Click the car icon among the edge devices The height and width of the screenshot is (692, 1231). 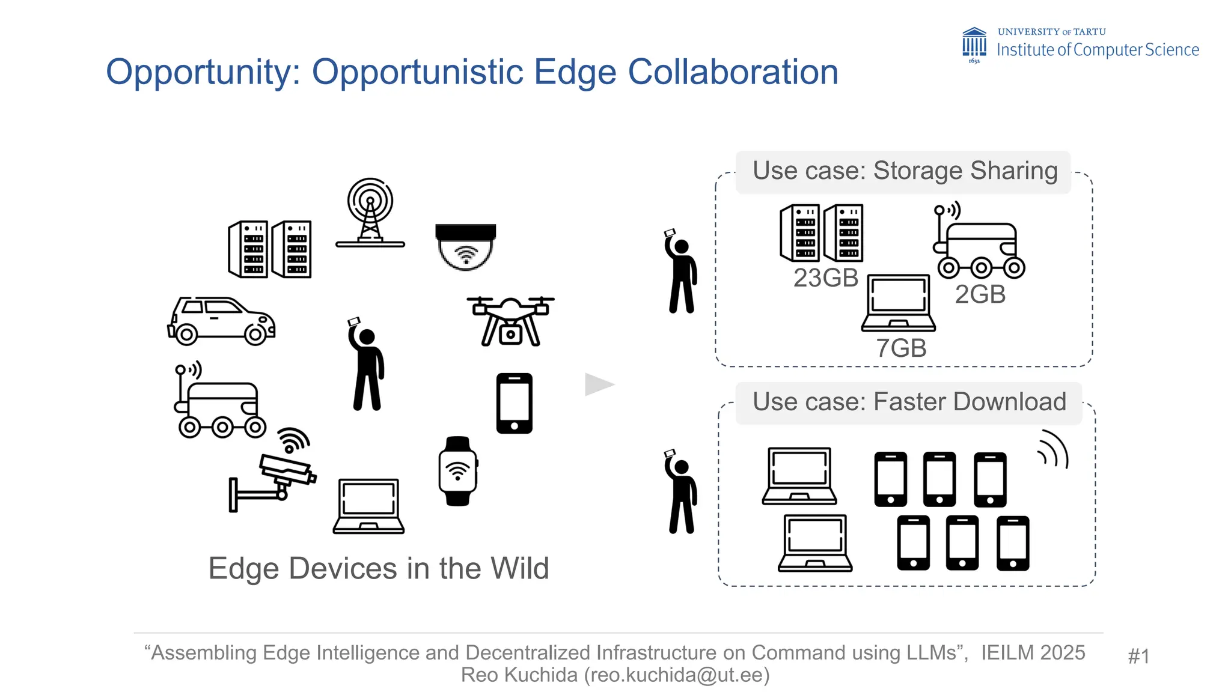pyautogui.click(x=221, y=321)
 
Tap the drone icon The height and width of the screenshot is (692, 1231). pyautogui.click(x=510, y=321)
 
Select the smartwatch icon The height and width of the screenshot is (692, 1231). pyautogui.click(x=458, y=471)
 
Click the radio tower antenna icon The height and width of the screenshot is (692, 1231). pyautogui.click(x=370, y=213)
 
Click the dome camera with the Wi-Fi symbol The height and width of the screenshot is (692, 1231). pyautogui.click(x=466, y=247)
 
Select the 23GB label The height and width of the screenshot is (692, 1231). pyautogui.click(x=825, y=278)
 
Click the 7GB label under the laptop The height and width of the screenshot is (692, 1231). pyautogui.click(x=900, y=348)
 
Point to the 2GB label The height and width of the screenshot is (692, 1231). pyautogui.click(x=980, y=294)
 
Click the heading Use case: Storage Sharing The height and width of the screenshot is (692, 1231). pyautogui.click(x=905, y=171)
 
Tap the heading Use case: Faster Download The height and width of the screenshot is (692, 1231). pyautogui.click(x=909, y=402)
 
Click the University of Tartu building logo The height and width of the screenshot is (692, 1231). pyautogui.click(x=974, y=44)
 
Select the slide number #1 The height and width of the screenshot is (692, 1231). pyautogui.click(x=1138, y=656)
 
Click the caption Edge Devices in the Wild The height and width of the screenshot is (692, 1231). pyautogui.click(x=379, y=568)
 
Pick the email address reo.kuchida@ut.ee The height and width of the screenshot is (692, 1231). pyautogui.click(x=676, y=675)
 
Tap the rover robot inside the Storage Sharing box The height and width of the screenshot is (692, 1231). pyautogui.click(x=979, y=243)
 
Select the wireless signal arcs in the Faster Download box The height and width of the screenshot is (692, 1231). pyautogui.click(x=1054, y=449)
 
